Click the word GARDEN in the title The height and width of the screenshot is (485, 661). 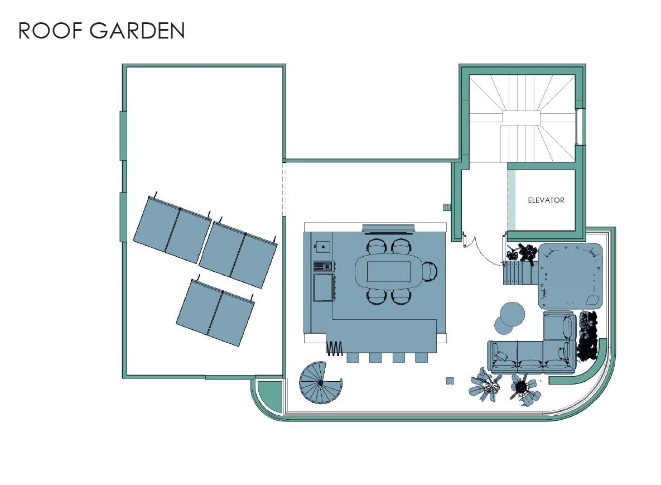tap(137, 31)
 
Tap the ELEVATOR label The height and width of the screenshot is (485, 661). tap(546, 200)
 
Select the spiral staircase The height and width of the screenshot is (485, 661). tap(320, 382)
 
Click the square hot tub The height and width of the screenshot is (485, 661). tap(570, 276)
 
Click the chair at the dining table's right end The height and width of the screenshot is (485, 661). tap(430, 271)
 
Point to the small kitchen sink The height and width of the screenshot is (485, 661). tap(323, 246)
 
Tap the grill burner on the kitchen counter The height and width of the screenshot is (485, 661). tap(324, 267)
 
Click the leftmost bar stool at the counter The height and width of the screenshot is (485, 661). tap(353, 358)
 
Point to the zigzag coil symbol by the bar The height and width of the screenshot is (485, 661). tap(335, 349)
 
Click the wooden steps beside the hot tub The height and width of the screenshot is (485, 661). tap(517, 273)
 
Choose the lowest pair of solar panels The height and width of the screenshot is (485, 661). tap(215, 313)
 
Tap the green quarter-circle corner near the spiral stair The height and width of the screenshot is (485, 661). tap(269, 395)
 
